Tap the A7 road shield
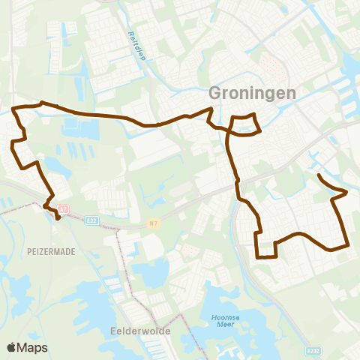point(64,209)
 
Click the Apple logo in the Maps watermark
point(12,347)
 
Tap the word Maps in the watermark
point(34,348)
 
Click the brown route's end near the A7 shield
point(58,220)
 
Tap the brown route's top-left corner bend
point(15,110)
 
